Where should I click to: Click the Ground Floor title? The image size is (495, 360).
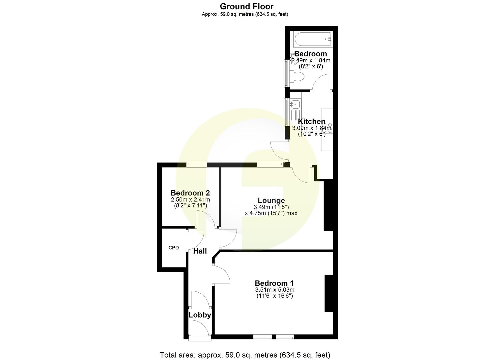(x=247, y=6)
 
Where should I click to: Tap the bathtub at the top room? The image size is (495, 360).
(x=312, y=39)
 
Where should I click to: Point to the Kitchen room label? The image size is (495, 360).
(x=311, y=121)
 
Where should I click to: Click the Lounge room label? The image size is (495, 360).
(x=271, y=200)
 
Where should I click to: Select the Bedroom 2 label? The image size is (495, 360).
(x=190, y=193)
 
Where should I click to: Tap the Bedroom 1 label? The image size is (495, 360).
(x=274, y=283)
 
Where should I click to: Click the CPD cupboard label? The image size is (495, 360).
(x=173, y=248)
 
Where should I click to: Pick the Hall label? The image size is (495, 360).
(x=200, y=251)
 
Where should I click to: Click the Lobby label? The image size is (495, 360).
(x=200, y=315)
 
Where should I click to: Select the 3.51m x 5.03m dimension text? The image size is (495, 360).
(x=274, y=290)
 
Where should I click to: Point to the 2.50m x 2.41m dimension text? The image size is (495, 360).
(x=190, y=200)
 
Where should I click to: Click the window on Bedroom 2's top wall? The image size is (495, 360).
(x=196, y=164)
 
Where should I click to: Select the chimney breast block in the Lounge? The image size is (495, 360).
(x=328, y=205)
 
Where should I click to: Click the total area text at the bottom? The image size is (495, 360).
(x=245, y=355)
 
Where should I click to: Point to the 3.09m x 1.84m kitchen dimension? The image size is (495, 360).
(x=312, y=128)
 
